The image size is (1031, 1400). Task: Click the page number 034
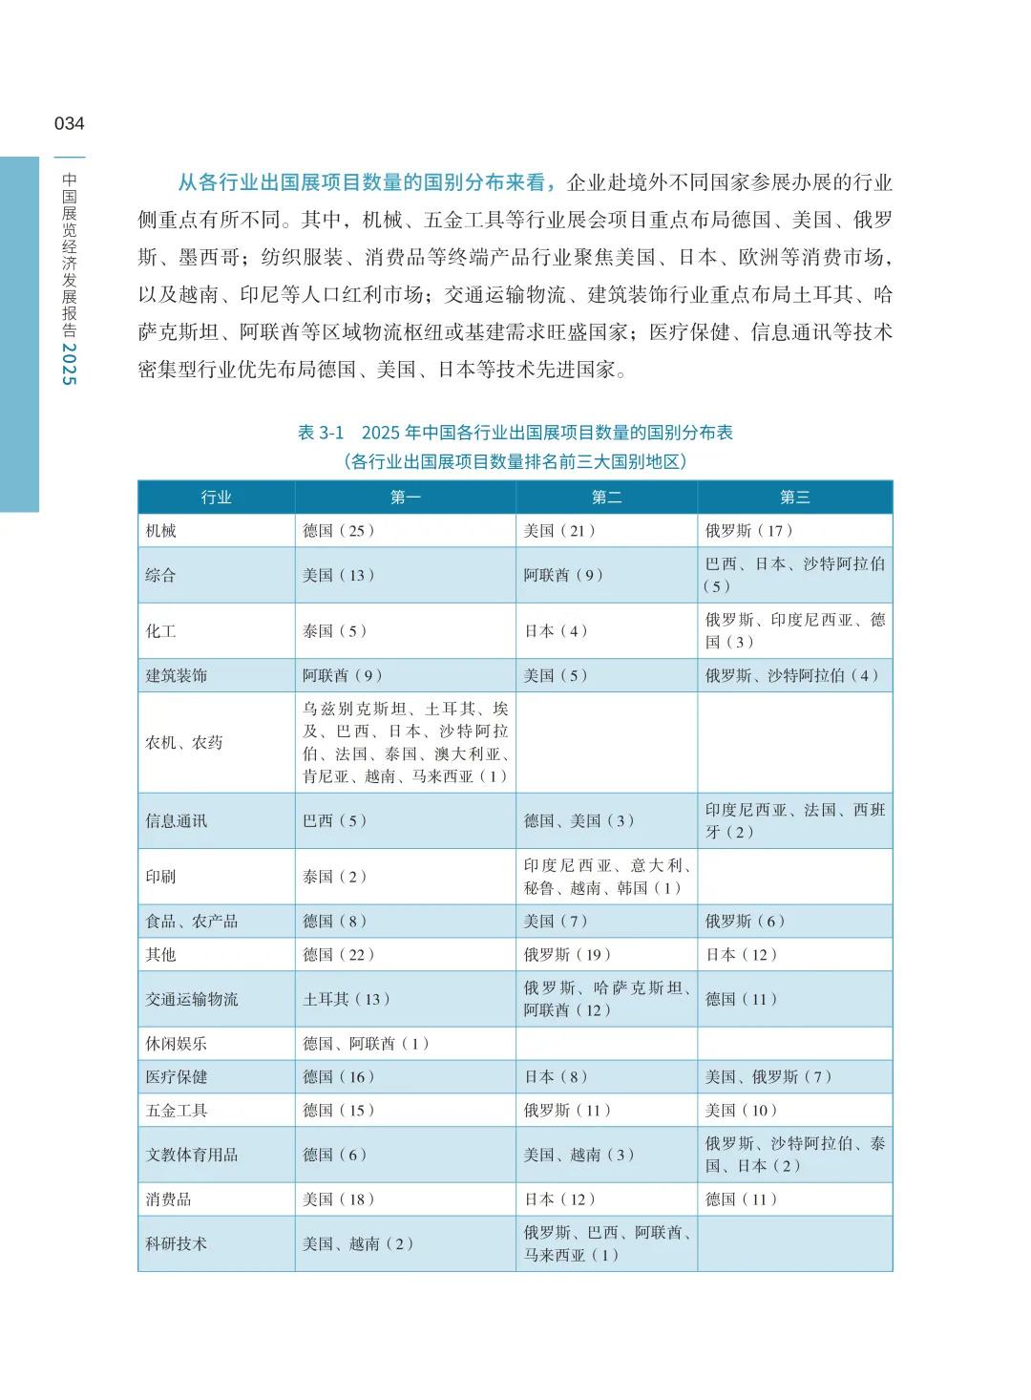coord(69,123)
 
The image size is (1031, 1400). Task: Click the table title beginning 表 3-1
coord(515,433)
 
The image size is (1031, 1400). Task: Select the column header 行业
coord(216,497)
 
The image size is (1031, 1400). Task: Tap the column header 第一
coord(405,497)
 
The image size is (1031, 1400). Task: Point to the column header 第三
coord(794,497)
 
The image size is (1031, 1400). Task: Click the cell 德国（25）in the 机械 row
coord(338,530)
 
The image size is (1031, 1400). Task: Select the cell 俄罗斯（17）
coord(748,530)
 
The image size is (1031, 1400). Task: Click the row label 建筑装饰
coord(176,675)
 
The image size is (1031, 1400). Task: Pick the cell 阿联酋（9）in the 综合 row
coord(562,575)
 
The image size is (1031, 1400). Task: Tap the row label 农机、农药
coord(183,742)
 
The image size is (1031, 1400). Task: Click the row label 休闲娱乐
coord(176,1044)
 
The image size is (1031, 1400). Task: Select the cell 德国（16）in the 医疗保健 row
coord(338,1076)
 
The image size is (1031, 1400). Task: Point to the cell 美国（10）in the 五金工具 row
coord(741,1110)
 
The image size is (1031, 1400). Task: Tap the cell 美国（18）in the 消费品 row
coord(338,1198)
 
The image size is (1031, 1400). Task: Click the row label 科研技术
coord(176,1243)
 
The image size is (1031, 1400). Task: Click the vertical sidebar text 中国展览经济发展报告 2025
coord(69,278)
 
